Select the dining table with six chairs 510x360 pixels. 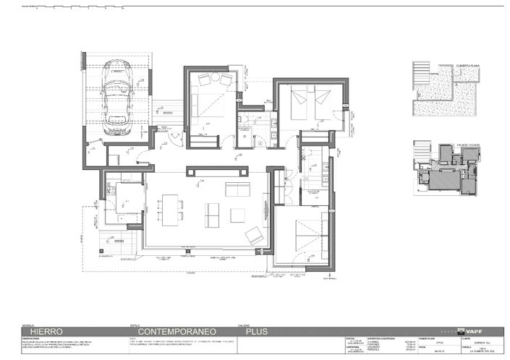pos(170,210)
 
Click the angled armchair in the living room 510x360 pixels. pos(255,234)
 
